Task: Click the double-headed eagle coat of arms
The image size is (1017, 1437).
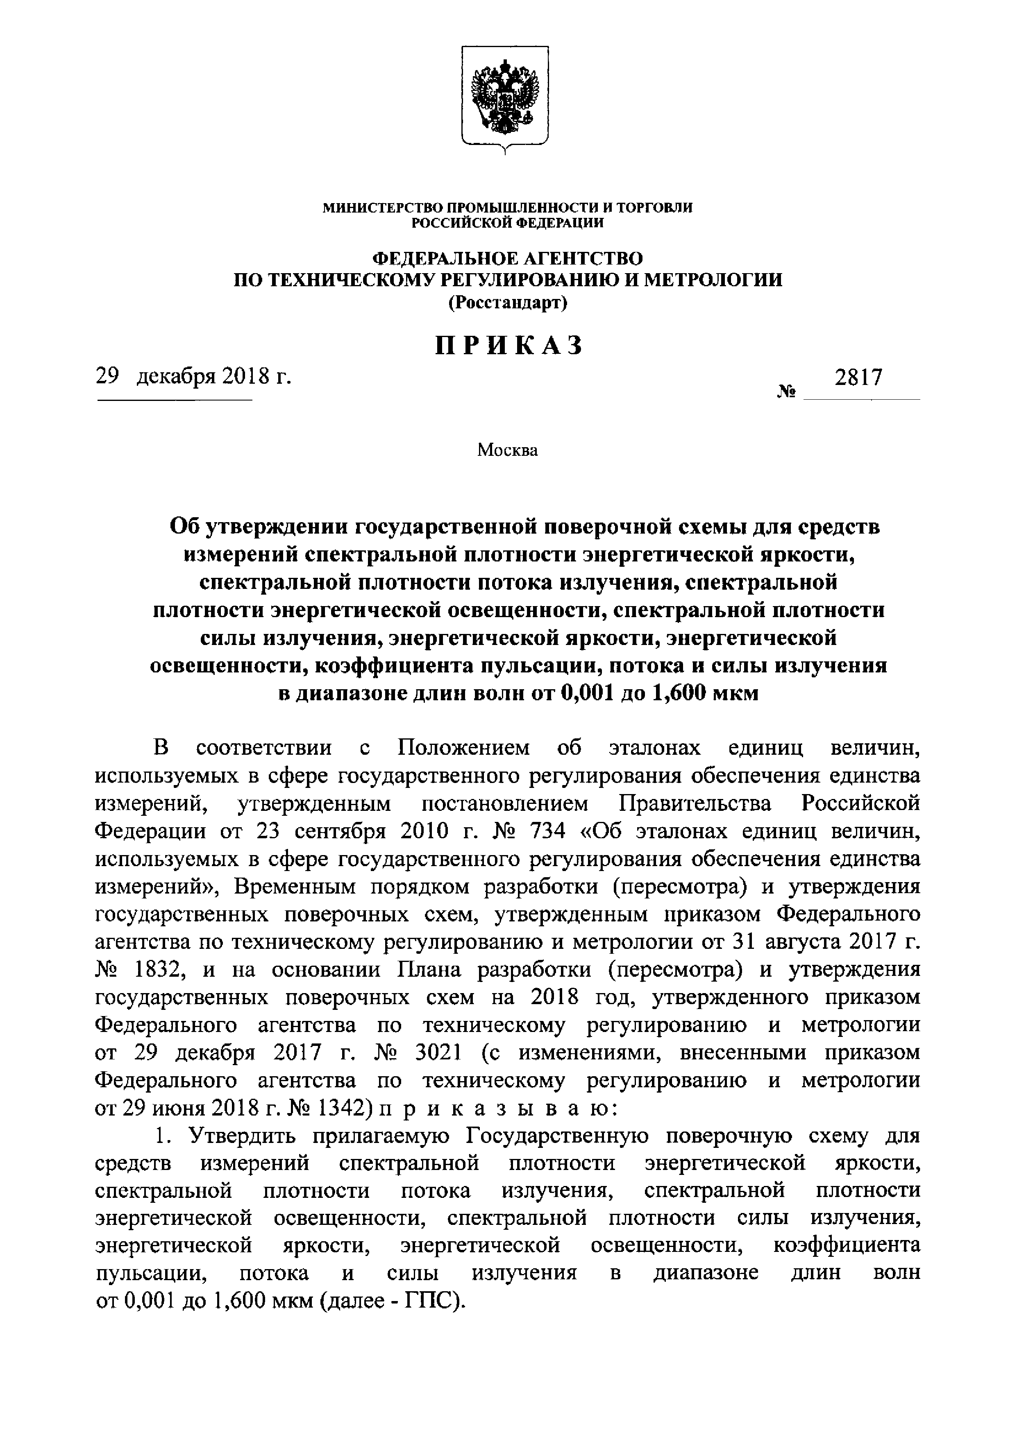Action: [505, 97]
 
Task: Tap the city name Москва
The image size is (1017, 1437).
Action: [507, 450]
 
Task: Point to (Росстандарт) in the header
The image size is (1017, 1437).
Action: [507, 303]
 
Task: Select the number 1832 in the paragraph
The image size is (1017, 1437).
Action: [155, 969]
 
